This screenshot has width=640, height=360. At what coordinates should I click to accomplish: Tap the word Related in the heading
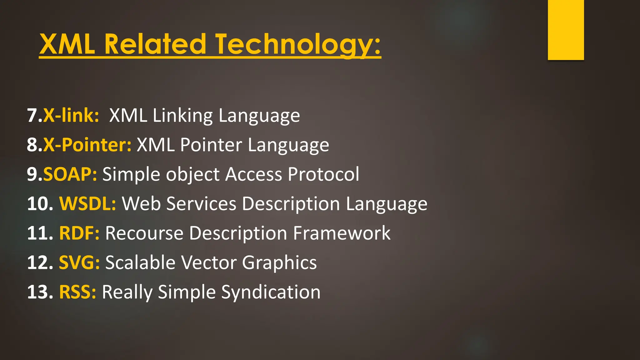click(155, 44)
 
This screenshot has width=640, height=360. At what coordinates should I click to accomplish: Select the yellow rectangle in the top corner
click(566, 30)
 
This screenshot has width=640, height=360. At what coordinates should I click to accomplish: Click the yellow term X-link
click(71, 115)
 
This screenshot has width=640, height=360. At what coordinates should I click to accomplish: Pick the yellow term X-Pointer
click(87, 145)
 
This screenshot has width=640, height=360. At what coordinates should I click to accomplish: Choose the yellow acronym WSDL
click(87, 204)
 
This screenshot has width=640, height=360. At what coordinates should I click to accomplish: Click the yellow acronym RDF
click(79, 233)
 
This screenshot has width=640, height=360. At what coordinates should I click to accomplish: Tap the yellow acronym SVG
click(79, 262)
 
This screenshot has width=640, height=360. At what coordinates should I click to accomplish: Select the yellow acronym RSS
click(77, 292)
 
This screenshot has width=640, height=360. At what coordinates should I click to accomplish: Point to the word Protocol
click(323, 174)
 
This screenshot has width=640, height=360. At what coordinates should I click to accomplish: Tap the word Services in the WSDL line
click(201, 204)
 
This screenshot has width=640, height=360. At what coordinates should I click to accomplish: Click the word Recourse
click(144, 233)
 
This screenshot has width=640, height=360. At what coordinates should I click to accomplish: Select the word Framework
click(342, 233)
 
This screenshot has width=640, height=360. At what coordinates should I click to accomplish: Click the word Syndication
click(271, 292)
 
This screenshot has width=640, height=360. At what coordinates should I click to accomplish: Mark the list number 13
click(40, 292)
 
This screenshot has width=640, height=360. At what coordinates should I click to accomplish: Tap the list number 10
click(40, 204)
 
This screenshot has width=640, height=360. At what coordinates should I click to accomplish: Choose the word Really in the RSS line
click(127, 292)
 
